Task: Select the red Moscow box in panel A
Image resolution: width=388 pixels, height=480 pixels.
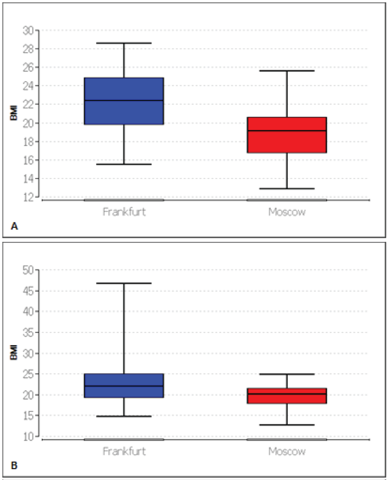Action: point(287,142)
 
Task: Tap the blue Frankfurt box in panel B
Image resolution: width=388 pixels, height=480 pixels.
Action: point(124,380)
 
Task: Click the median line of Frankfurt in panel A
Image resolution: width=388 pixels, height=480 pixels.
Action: point(124,100)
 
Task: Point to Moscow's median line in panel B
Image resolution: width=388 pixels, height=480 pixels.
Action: point(287,394)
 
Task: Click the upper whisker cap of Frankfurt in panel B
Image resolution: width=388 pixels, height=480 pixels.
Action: point(124,283)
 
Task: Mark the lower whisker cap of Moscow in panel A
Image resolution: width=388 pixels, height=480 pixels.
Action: point(287,189)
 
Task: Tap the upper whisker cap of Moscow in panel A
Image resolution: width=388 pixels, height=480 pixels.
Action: point(287,71)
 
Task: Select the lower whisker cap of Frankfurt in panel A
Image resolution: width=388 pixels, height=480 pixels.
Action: point(124,164)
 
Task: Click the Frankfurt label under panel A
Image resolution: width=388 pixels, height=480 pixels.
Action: point(124,212)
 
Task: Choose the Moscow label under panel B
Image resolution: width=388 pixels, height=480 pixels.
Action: point(287,451)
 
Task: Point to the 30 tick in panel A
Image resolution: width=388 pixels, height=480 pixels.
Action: point(28,30)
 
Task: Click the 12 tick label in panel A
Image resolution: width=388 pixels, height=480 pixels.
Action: point(28,198)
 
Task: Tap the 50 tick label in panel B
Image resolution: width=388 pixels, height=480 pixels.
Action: point(28,270)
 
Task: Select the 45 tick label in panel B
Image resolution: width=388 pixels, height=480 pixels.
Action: point(28,291)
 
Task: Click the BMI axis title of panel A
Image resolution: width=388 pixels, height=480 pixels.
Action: point(14,113)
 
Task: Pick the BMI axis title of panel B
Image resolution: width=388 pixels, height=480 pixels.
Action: point(14,352)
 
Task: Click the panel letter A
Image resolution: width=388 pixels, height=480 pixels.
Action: point(14,226)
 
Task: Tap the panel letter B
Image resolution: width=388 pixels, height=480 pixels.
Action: point(14,466)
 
